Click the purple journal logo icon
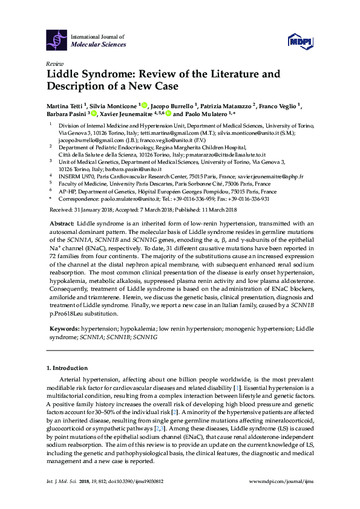(x=56, y=41)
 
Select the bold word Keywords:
(x=64, y=328)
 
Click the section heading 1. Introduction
(x=67, y=367)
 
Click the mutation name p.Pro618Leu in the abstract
(x=72, y=314)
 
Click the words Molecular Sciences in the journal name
(x=99, y=44)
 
